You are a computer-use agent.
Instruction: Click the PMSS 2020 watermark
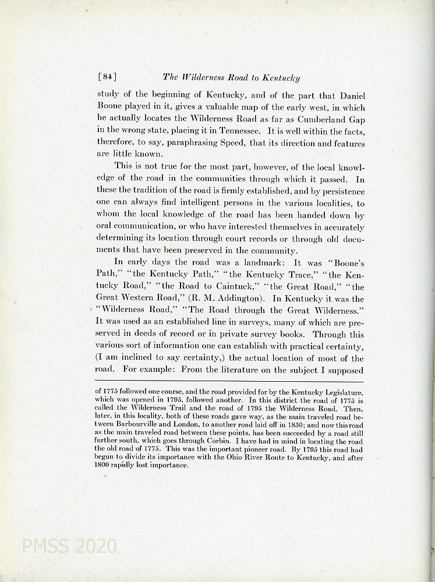pos(68,546)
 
